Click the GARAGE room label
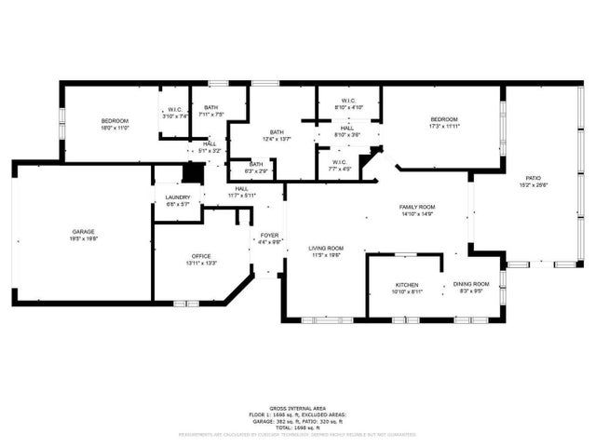click(84, 231)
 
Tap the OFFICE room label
click(201, 256)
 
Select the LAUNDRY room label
click(178, 197)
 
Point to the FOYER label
click(269, 235)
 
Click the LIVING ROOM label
click(327, 248)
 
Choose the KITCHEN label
click(407, 285)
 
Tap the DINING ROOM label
click(470, 284)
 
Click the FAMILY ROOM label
click(417, 206)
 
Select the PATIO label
click(534, 177)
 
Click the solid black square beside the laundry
click(193, 172)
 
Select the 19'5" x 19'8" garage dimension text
click(84, 238)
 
